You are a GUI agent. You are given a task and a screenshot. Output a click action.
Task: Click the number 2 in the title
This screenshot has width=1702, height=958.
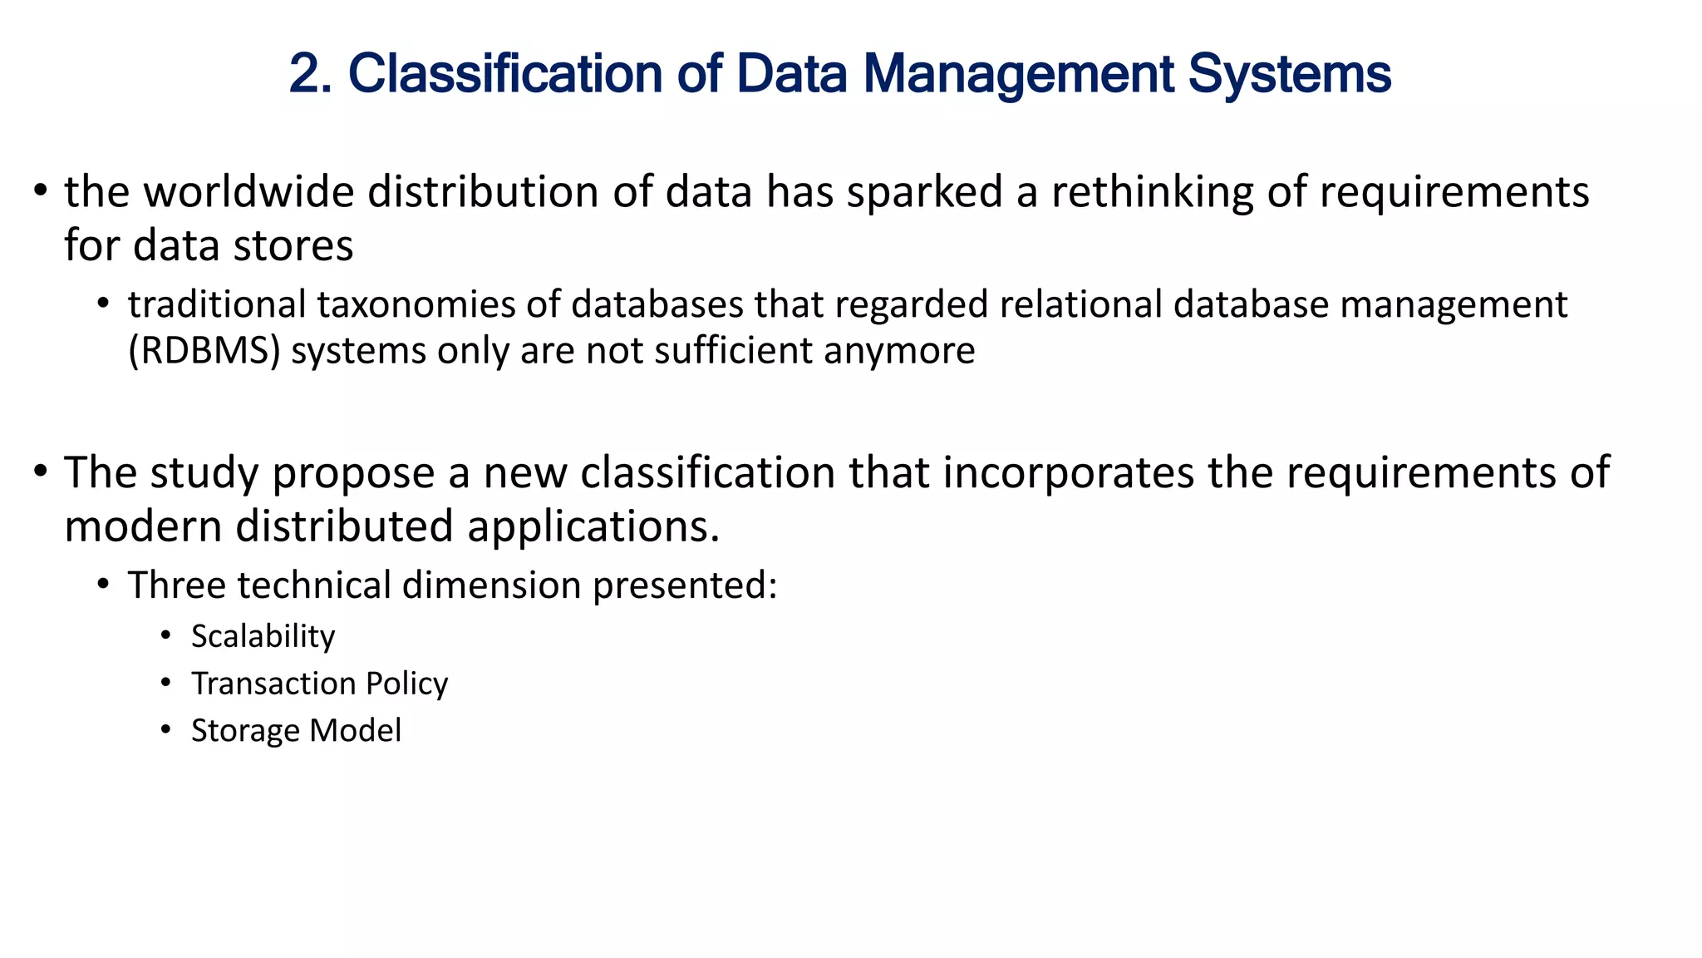point(304,74)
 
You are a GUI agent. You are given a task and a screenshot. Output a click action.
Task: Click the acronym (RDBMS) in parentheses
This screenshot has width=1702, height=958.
point(204,351)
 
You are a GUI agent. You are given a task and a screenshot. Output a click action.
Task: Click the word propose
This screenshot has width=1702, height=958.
point(353,473)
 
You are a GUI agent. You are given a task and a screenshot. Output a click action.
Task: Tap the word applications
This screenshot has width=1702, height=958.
point(593,526)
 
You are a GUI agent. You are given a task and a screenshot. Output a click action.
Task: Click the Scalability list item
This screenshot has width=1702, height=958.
point(263,636)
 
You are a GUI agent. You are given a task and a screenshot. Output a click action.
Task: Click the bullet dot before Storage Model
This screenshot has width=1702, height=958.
point(166,730)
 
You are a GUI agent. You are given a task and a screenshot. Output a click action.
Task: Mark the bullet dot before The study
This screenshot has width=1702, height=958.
point(40,472)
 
